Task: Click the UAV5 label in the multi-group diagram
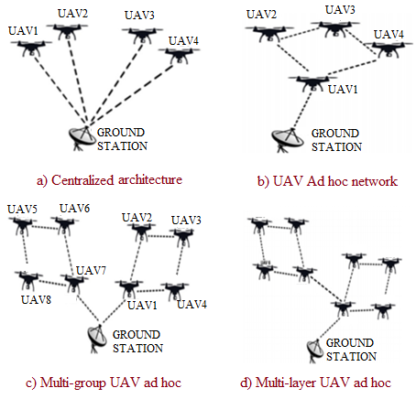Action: point(21,210)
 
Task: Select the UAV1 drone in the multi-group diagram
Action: point(134,287)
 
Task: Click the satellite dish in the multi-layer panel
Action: point(315,350)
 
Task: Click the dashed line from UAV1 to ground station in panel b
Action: point(299,114)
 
